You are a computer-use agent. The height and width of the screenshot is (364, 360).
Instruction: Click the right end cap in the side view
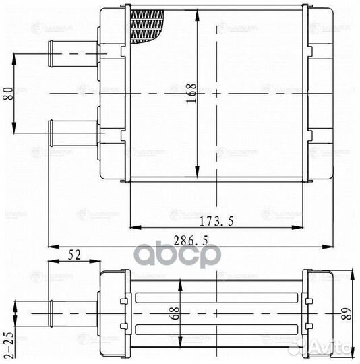point(318,313)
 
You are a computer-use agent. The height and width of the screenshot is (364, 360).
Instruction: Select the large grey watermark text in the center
point(178,257)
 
